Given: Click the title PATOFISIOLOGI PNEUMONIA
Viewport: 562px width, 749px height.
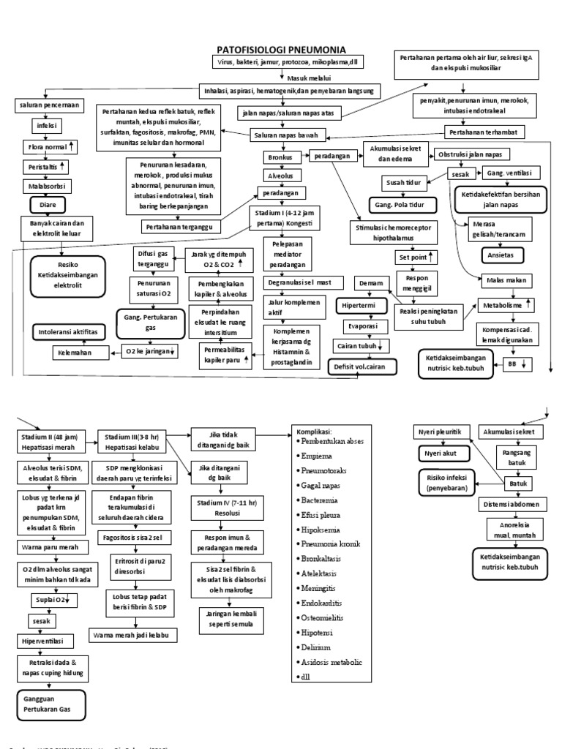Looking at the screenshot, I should point(282,50).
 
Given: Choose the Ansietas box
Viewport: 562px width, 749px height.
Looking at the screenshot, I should point(499,255).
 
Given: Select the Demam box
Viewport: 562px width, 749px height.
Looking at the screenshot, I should point(370,282).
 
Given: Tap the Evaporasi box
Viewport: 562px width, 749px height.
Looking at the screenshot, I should point(361,325).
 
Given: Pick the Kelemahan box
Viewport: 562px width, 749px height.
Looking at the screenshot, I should point(75,353).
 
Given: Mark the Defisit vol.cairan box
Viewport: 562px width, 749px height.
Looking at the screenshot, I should point(361,366).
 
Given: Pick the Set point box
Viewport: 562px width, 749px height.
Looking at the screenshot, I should point(416,257).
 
